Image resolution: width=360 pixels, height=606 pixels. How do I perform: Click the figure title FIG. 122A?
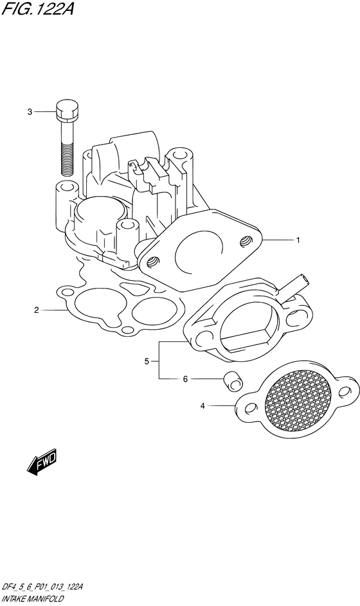tap(37, 8)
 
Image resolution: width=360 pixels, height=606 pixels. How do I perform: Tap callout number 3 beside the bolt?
tap(30, 112)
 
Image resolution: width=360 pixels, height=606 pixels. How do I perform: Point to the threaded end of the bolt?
tap(67, 159)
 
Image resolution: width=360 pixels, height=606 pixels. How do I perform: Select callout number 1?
tap(298, 240)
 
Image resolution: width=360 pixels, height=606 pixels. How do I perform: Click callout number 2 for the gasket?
tap(37, 310)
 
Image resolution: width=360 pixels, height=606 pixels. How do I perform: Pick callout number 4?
tap(203, 405)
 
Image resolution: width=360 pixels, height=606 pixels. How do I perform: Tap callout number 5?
tap(147, 361)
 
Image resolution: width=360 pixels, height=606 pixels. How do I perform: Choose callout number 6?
tap(185, 379)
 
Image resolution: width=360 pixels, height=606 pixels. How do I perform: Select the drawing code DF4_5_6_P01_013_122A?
tap(42, 588)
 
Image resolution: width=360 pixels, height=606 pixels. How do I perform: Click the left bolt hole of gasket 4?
tap(251, 408)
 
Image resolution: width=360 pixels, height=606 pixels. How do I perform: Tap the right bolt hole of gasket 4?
tap(344, 392)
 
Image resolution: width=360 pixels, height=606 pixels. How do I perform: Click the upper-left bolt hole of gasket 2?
tap(67, 290)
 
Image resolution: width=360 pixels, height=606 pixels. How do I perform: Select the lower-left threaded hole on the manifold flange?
tap(153, 262)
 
